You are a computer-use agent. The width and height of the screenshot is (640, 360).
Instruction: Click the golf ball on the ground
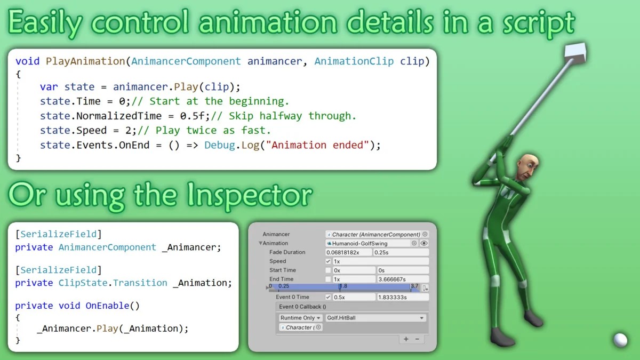pyautogui.click(x=620, y=340)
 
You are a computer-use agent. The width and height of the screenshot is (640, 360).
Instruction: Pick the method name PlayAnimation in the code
pyautogui.click(x=85, y=61)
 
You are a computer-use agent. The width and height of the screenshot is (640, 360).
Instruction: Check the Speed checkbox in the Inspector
pyautogui.click(x=328, y=261)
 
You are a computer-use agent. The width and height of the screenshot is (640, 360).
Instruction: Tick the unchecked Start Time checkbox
pyautogui.click(x=328, y=270)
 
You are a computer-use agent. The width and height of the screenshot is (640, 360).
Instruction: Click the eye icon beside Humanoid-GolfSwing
pyautogui.click(x=424, y=243)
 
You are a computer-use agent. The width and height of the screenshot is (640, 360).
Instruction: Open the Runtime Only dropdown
pyautogui.click(x=300, y=318)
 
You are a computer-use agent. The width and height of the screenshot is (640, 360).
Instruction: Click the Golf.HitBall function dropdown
pyautogui.click(x=376, y=318)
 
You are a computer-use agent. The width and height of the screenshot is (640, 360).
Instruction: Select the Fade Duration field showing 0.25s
pyautogui.click(x=402, y=252)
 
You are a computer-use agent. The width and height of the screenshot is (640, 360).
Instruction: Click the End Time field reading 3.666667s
pyautogui.click(x=402, y=279)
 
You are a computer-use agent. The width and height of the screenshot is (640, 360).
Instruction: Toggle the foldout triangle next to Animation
pyautogui.click(x=260, y=243)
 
